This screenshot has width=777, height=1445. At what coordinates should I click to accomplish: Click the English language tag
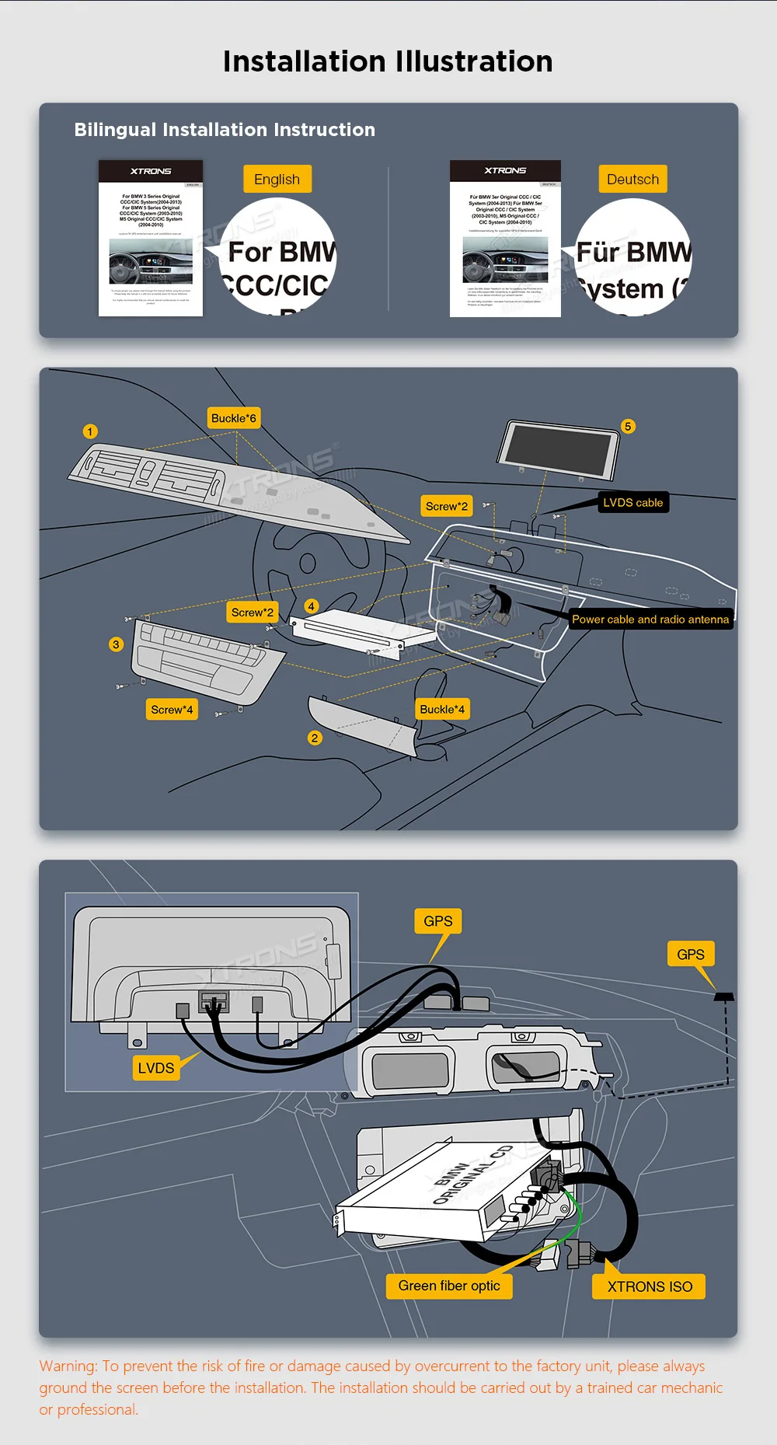pos(277,180)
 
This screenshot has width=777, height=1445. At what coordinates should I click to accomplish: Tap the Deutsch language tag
pos(632,180)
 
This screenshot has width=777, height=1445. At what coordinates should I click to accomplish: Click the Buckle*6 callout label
pos(233,418)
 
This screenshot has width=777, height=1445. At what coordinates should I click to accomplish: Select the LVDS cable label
pos(632,503)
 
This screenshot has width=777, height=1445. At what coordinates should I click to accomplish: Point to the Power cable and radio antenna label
pos(650,620)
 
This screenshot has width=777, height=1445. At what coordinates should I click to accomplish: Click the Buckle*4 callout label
pos(442,709)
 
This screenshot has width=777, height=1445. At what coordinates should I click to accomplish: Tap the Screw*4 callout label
pos(172,710)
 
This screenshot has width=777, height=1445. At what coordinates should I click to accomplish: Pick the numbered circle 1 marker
pos(90,431)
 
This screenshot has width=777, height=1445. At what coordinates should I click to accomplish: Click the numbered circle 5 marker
pos(628,426)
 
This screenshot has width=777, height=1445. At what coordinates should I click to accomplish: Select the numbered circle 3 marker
pos(116,644)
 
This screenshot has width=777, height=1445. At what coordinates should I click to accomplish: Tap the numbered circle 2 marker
pos(315,738)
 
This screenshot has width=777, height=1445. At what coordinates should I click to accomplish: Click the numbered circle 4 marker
pos(311,606)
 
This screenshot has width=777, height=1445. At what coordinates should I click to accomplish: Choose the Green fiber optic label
pos(449,1286)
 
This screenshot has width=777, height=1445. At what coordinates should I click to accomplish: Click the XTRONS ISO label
pos(650,1286)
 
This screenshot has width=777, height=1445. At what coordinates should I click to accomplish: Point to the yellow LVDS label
pos(156,1068)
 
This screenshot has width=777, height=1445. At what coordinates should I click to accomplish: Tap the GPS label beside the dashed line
pos(690,955)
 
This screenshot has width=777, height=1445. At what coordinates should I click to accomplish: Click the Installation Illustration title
pos(388,61)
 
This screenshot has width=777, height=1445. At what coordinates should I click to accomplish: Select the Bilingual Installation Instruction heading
pos(225,130)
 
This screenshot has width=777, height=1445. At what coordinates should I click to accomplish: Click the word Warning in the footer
pos(68,1366)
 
